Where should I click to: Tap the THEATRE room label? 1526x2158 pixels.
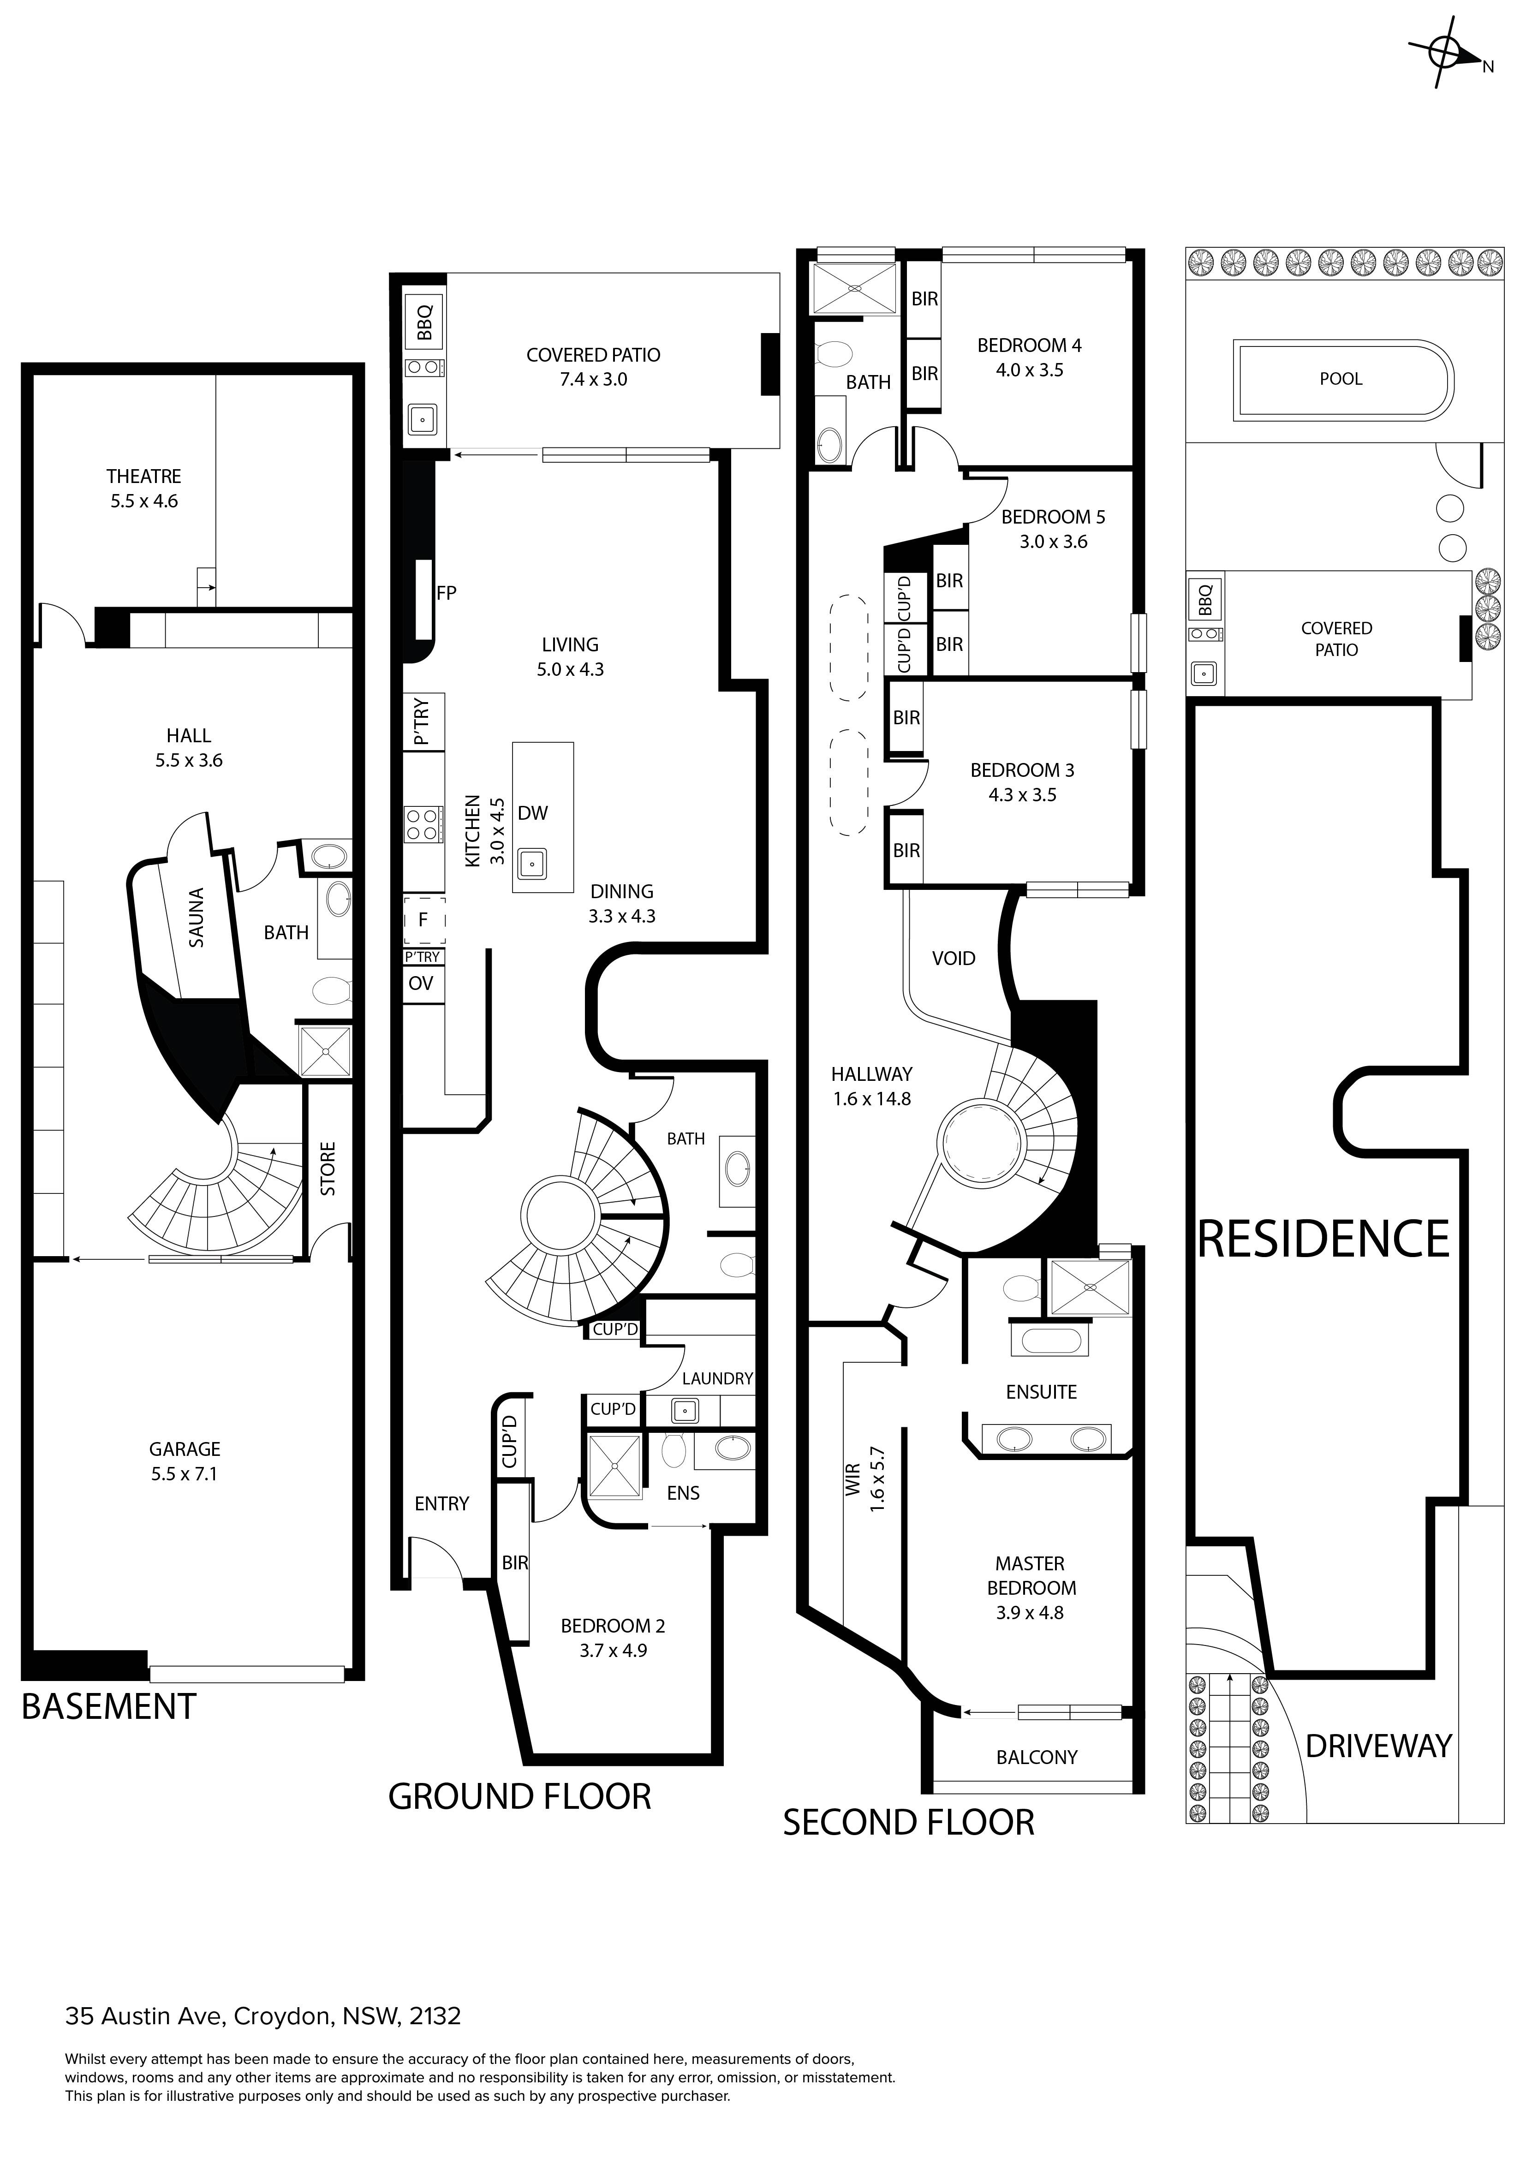tap(144, 477)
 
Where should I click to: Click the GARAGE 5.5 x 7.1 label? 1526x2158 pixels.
tap(184, 1461)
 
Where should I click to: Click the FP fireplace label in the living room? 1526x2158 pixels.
tap(447, 593)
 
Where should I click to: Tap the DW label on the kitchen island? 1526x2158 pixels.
tap(533, 813)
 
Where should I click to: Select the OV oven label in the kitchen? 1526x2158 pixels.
tap(421, 983)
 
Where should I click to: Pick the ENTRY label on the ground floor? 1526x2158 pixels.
tap(441, 1504)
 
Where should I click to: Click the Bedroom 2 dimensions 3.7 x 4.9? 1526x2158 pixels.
tap(613, 1651)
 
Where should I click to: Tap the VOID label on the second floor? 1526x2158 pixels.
tap(954, 959)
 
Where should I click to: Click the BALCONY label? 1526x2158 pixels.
tap(1037, 1758)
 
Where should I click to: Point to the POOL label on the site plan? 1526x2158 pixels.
tap(1341, 379)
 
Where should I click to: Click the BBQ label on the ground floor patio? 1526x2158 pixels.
tap(425, 322)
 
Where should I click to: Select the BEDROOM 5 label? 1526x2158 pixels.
tap(1053, 517)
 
